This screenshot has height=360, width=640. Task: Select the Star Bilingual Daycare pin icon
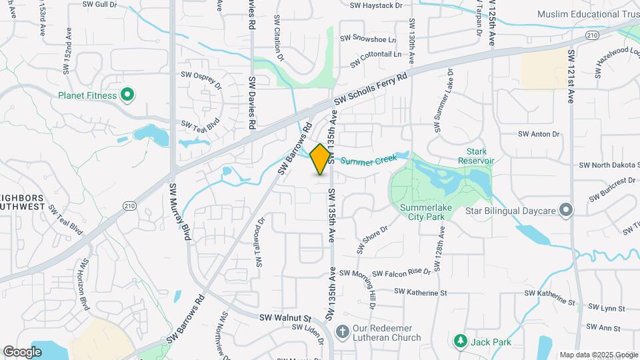click(566, 211)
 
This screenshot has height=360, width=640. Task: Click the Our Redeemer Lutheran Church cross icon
click(341, 331)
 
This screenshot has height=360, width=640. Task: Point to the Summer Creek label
click(370, 160)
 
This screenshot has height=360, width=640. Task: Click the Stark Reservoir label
click(476, 156)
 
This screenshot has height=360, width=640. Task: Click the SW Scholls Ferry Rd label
click(370, 89)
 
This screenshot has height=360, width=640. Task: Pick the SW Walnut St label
click(285, 318)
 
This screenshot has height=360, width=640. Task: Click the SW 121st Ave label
click(571, 76)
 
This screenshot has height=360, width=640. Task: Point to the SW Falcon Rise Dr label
click(401, 272)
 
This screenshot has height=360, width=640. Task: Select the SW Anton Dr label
click(535, 134)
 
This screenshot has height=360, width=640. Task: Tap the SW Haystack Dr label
click(377, 5)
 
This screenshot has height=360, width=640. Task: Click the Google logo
click(22, 351)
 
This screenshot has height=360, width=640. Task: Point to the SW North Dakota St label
click(609, 165)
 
